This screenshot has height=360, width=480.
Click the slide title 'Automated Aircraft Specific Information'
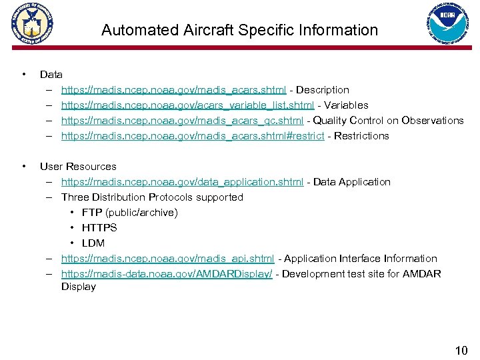click(239, 30)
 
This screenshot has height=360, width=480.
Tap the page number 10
click(461, 351)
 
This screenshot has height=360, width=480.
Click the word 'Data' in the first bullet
click(51, 75)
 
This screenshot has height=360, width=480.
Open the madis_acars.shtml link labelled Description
click(174, 90)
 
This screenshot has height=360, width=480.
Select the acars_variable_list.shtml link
click(187, 105)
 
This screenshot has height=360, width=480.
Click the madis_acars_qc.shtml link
click(183, 121)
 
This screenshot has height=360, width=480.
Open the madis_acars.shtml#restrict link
click(193, 136)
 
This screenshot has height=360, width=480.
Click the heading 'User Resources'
click(78, 167)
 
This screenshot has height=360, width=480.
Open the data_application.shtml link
click(182, 182)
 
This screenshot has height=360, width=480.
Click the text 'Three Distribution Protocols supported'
click(152, 197)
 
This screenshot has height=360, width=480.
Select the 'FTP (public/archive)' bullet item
click(129, 213)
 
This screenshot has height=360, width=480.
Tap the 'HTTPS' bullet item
click(99, 228)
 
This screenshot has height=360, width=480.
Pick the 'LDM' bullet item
click(93, 243)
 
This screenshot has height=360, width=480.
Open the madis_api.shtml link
click(167, 259)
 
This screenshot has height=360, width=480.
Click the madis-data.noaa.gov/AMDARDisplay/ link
click(167, 274)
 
